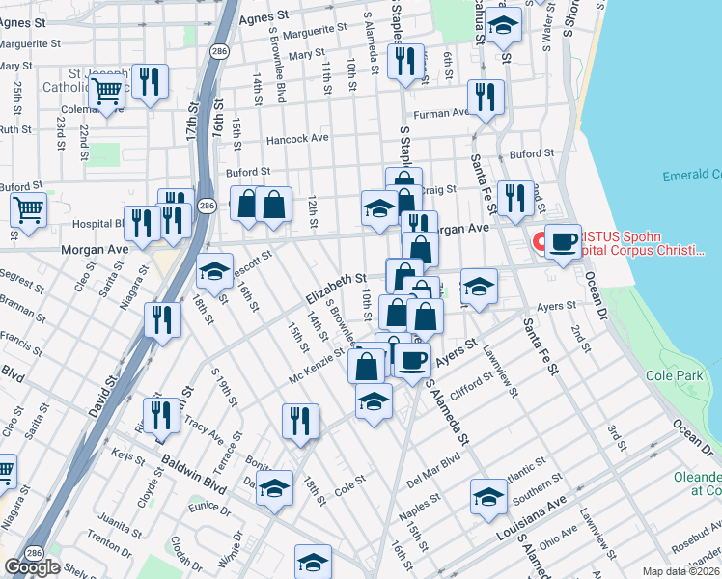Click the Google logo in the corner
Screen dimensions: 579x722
tap(32, 567)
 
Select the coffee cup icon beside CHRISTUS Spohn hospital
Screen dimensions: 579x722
tap(563, 240)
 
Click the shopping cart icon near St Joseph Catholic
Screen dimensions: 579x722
tap(108, 91)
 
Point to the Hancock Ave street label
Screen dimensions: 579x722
tap(298, 138)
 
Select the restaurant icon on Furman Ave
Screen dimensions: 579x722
tap(485, 97)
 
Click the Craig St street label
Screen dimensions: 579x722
tap(438, 192)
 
